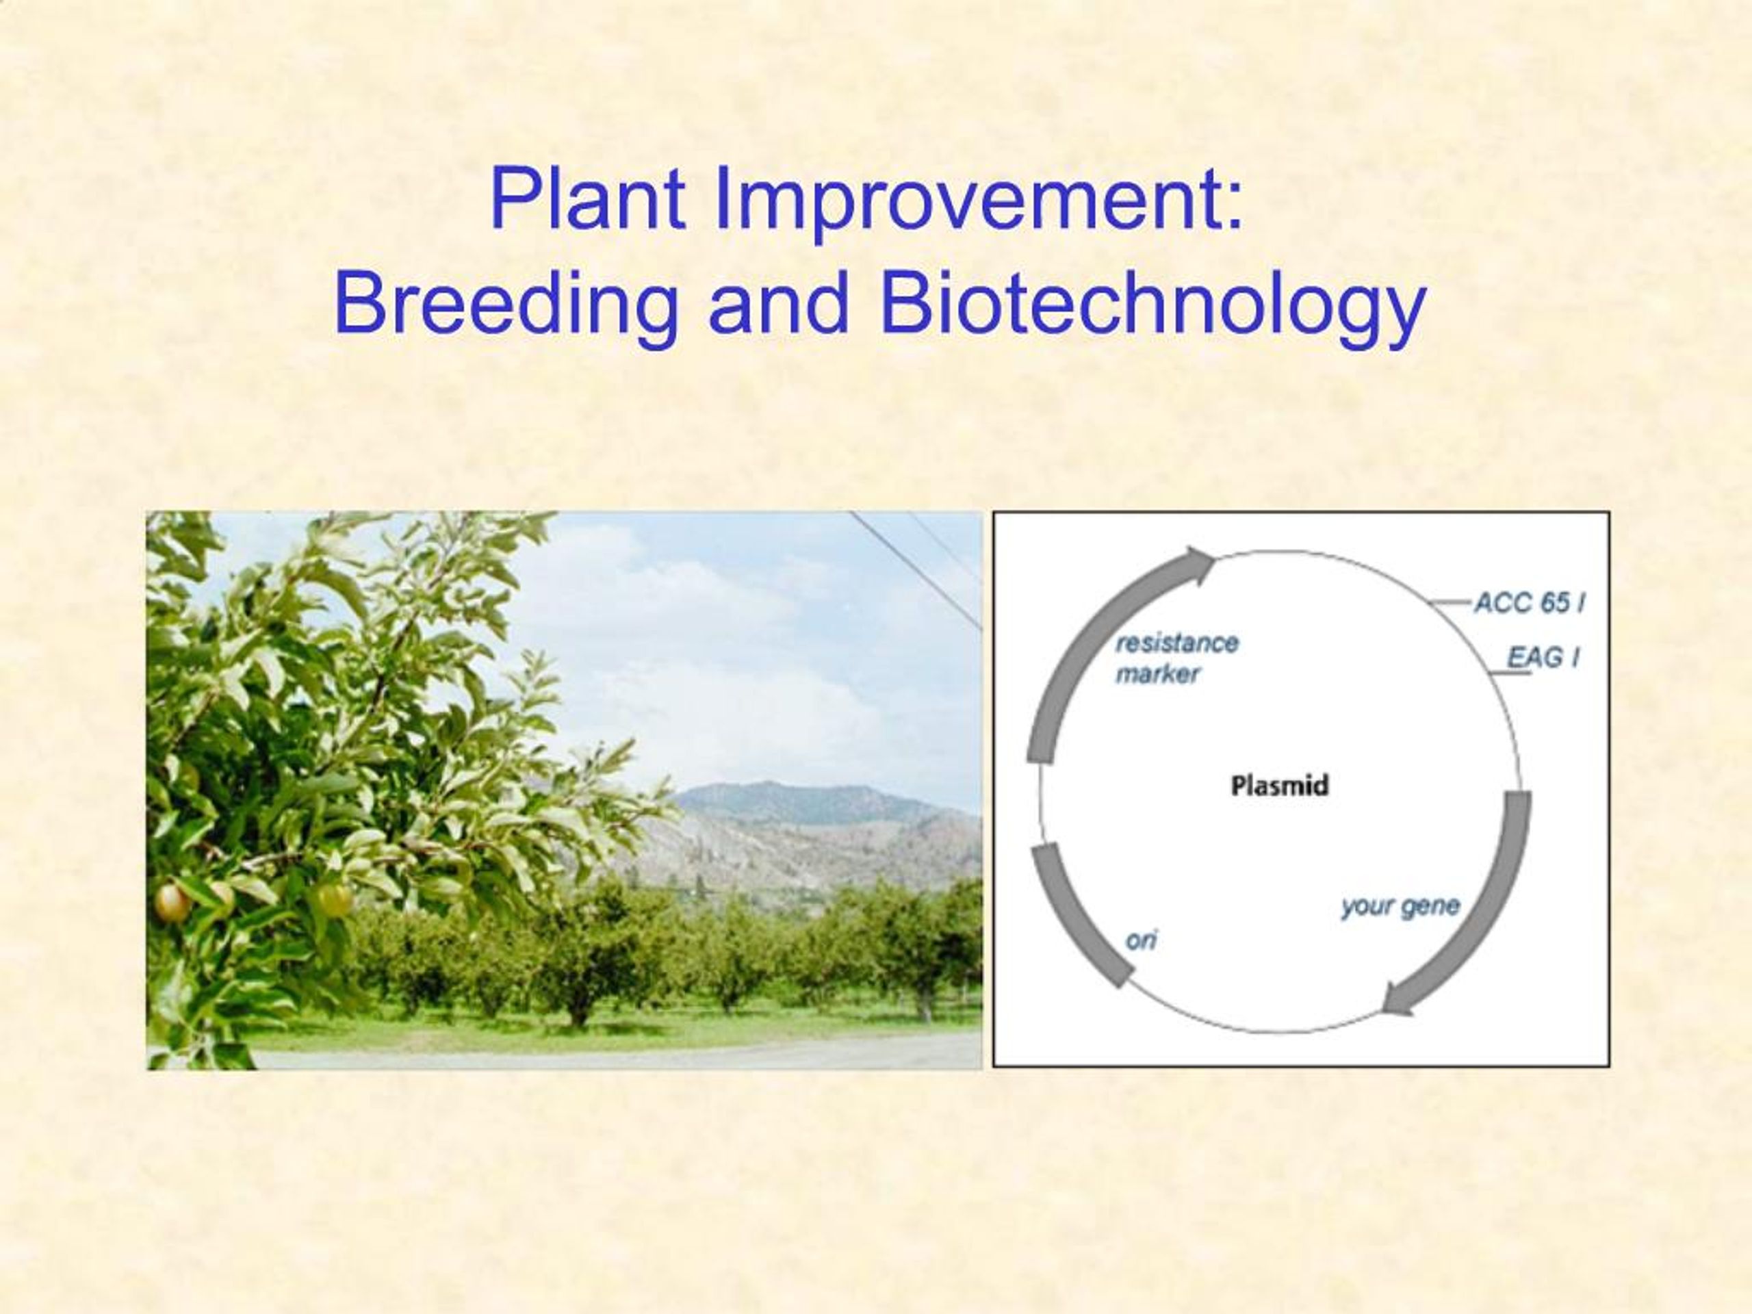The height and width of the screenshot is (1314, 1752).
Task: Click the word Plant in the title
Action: click(587, 198)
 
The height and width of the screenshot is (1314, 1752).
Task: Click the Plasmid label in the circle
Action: click(1279, 786)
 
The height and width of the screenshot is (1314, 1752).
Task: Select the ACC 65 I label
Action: click(1529, 604)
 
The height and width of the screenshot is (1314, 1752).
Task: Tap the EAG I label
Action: click(1543, 658)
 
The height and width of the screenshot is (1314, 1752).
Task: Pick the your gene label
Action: click(1400, 905)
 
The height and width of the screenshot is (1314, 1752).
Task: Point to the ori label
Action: click(1142, 940)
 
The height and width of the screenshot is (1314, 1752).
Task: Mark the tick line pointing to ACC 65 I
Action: click(1451, 604)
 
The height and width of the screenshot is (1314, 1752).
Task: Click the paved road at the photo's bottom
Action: click(634, 1057)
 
